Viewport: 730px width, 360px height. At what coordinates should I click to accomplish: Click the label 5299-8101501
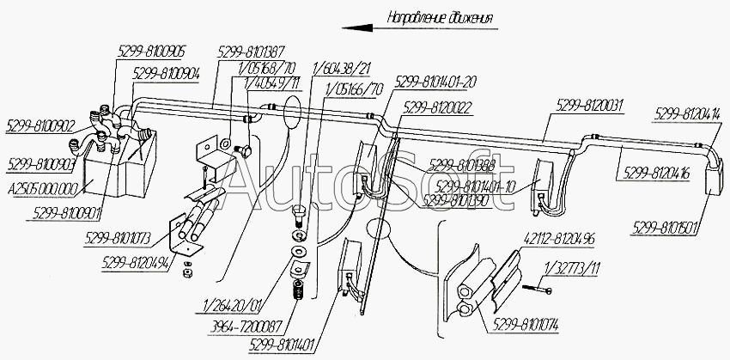click(x=666, y=228)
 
